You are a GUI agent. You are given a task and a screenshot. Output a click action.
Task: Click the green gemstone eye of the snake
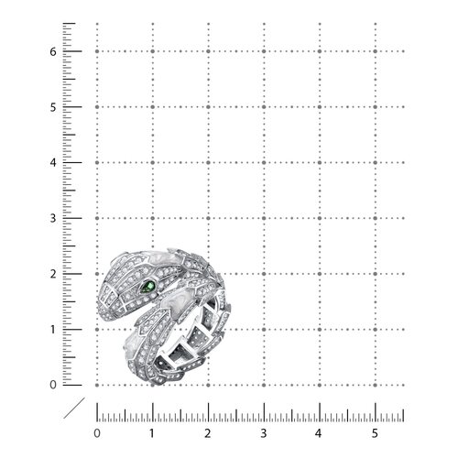(148, 287)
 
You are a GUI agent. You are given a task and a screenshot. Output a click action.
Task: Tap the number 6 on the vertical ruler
(53, 52)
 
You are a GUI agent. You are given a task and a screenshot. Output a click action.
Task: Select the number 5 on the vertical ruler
(53, 107)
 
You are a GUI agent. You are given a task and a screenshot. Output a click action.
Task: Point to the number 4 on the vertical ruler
(53, 163)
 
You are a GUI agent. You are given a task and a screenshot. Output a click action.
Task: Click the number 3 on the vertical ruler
(53, 219)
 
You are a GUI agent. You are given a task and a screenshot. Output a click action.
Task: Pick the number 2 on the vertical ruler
(53, 274)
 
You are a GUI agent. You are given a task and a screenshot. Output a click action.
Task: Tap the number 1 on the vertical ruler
(53, 330)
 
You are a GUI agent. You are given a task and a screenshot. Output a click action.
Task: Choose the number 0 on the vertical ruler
(53, 385)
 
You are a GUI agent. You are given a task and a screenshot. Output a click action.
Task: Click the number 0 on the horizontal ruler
(97, 433)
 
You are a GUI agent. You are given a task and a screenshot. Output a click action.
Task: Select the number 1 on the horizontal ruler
(152, 433)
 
